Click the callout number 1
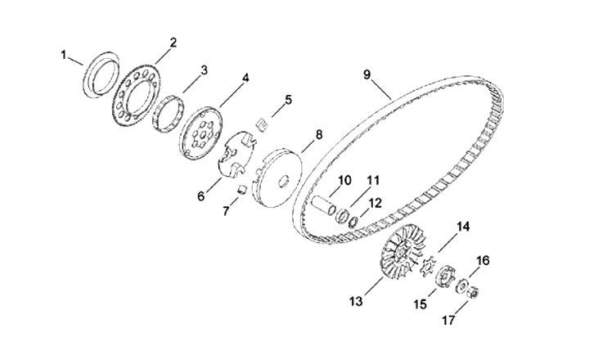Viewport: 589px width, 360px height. click(63, 55)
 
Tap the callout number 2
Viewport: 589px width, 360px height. click(173, 42)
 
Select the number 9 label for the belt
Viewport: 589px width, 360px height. click(367, 74)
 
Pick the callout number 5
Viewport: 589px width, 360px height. click(287, 100)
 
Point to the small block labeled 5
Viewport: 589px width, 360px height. click(261, 124)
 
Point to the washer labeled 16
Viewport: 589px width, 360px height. click(463, 286)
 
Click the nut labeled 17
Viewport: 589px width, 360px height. click(474, 290)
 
